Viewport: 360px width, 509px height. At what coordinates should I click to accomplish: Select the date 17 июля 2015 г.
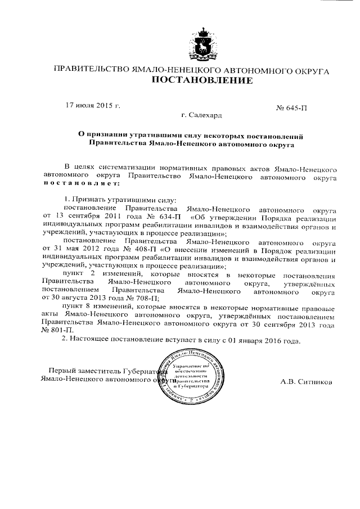tap(93, 106)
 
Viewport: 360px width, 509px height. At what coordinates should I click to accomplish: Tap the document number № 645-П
tap(292, 106)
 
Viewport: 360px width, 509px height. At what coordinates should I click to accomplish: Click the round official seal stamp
tap(190, 376)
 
